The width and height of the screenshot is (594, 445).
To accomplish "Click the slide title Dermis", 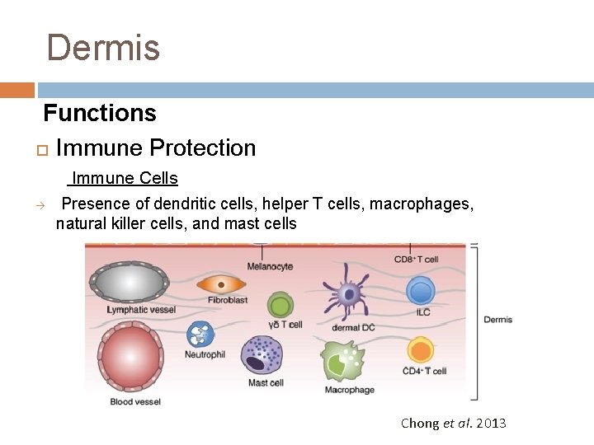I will [x=103, y=48].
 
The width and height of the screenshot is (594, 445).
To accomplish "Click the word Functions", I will [x=100, y=113].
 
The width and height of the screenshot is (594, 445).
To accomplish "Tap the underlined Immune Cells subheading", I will [x=125, y=178].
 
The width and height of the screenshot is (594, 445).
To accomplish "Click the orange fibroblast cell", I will [x=221, y=283].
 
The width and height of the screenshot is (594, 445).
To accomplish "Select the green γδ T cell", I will [x=281, y=307].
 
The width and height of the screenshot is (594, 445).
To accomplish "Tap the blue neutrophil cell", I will [x=200, y=334].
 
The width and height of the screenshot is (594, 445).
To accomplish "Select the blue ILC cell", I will [x=421, y=291].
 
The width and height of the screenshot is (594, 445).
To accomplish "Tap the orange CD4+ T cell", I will [x=421, y=351].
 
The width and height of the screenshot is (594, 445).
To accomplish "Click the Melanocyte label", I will [x=270, y=266].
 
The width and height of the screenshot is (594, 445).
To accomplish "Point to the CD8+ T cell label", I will [x=417, y=260].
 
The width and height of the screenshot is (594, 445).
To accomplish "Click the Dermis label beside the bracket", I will [x=498, y=320].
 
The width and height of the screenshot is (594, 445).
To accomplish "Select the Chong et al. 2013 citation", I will [x=453, y=424].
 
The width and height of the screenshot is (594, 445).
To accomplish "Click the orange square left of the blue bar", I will [x=16, y=90].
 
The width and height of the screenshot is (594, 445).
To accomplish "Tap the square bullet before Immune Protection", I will [x=42, y=150].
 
